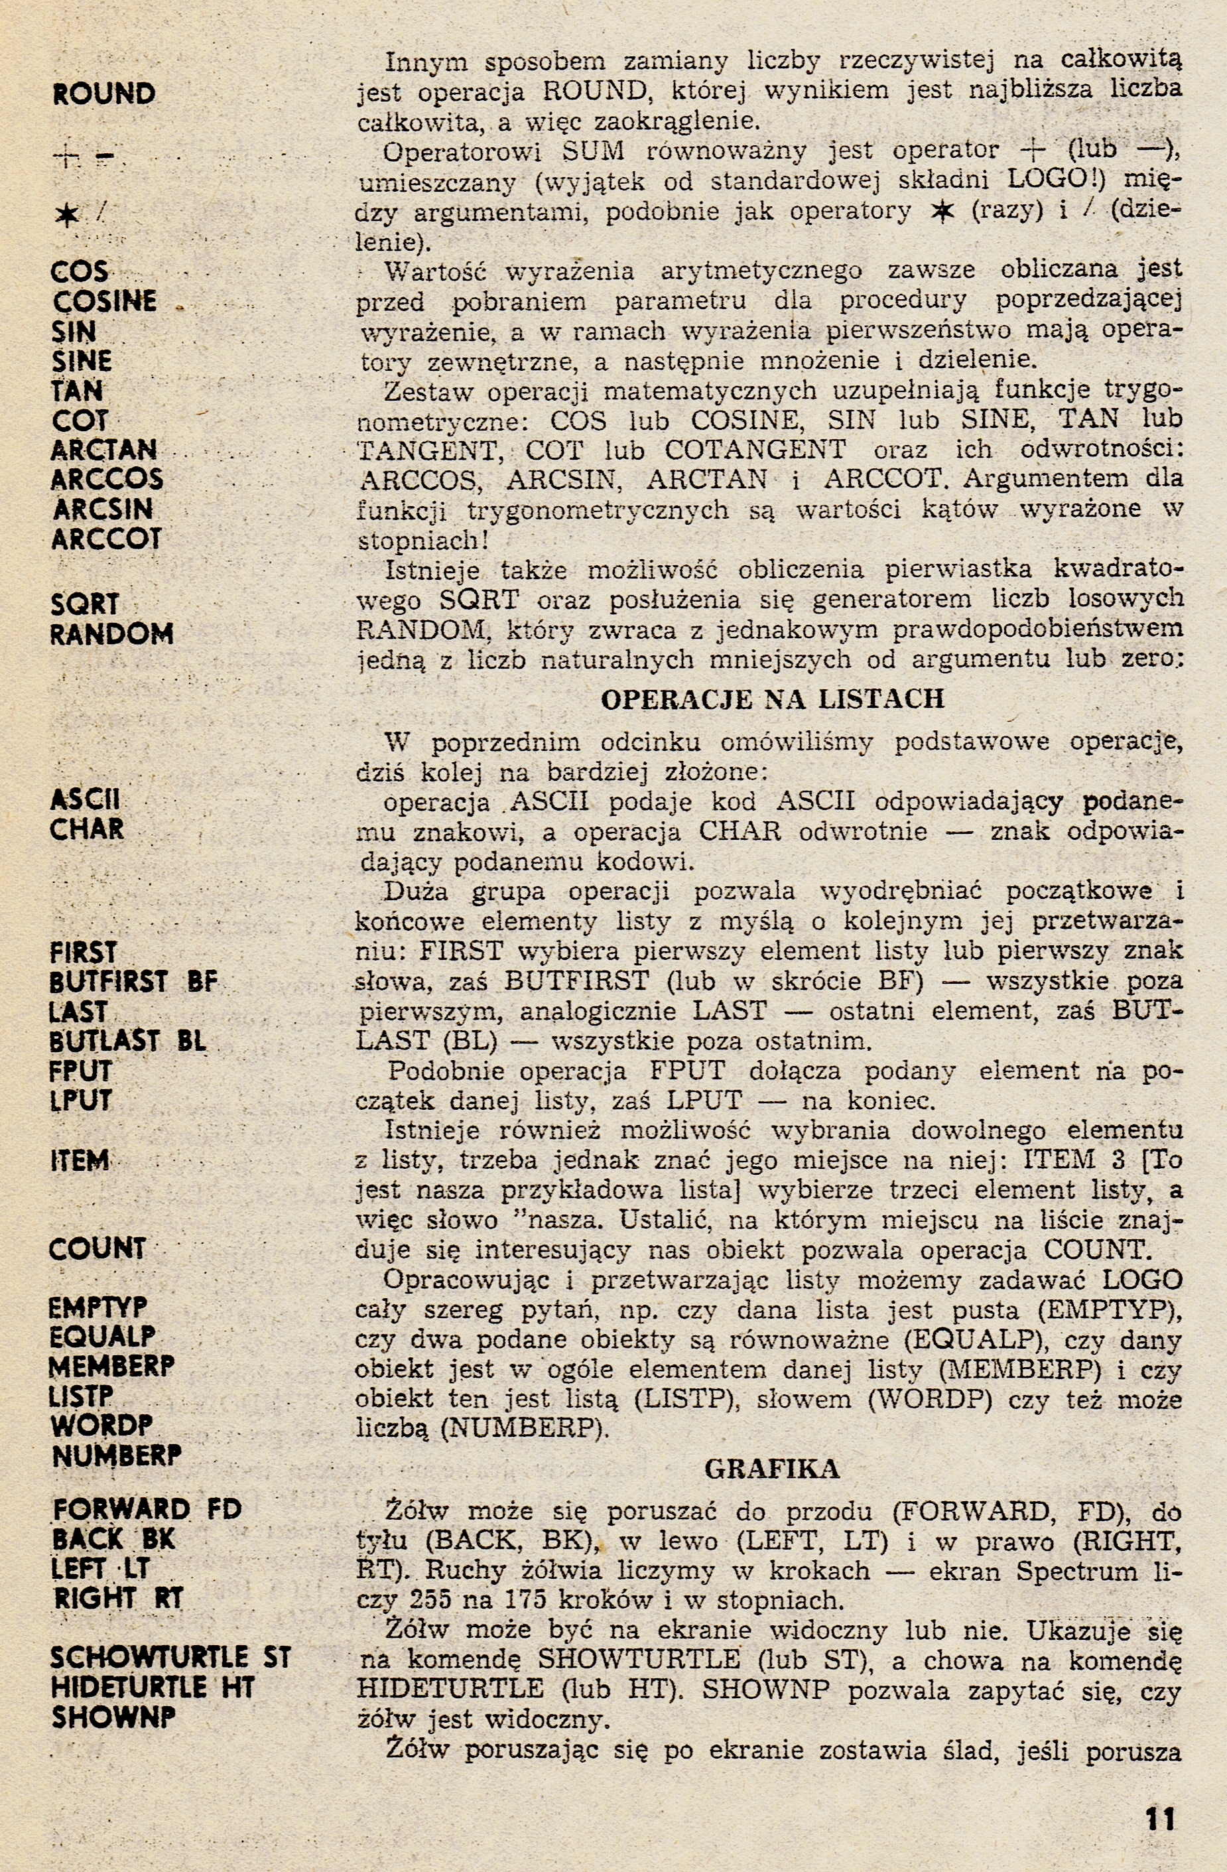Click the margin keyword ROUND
(x=104, y=94)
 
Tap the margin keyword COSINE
(x=105, y=301)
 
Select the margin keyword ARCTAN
(x=104, y=450)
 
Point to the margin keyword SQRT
(x=85, y=604)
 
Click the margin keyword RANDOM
(x=111, y=634)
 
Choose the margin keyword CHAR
(x=86, y=829)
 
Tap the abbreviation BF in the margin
(x=202, y=982)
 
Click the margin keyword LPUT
(x=81, y=1101)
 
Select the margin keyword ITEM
(x=79, y=1160)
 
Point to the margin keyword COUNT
(x=97, y=1249)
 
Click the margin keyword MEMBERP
(x=111, y=1367)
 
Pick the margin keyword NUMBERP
(x=117, y=1456)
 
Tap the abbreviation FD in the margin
(x=225, y=1509)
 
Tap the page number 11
(x=1160, y=1820)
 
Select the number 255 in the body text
(x=431, y=1600)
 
